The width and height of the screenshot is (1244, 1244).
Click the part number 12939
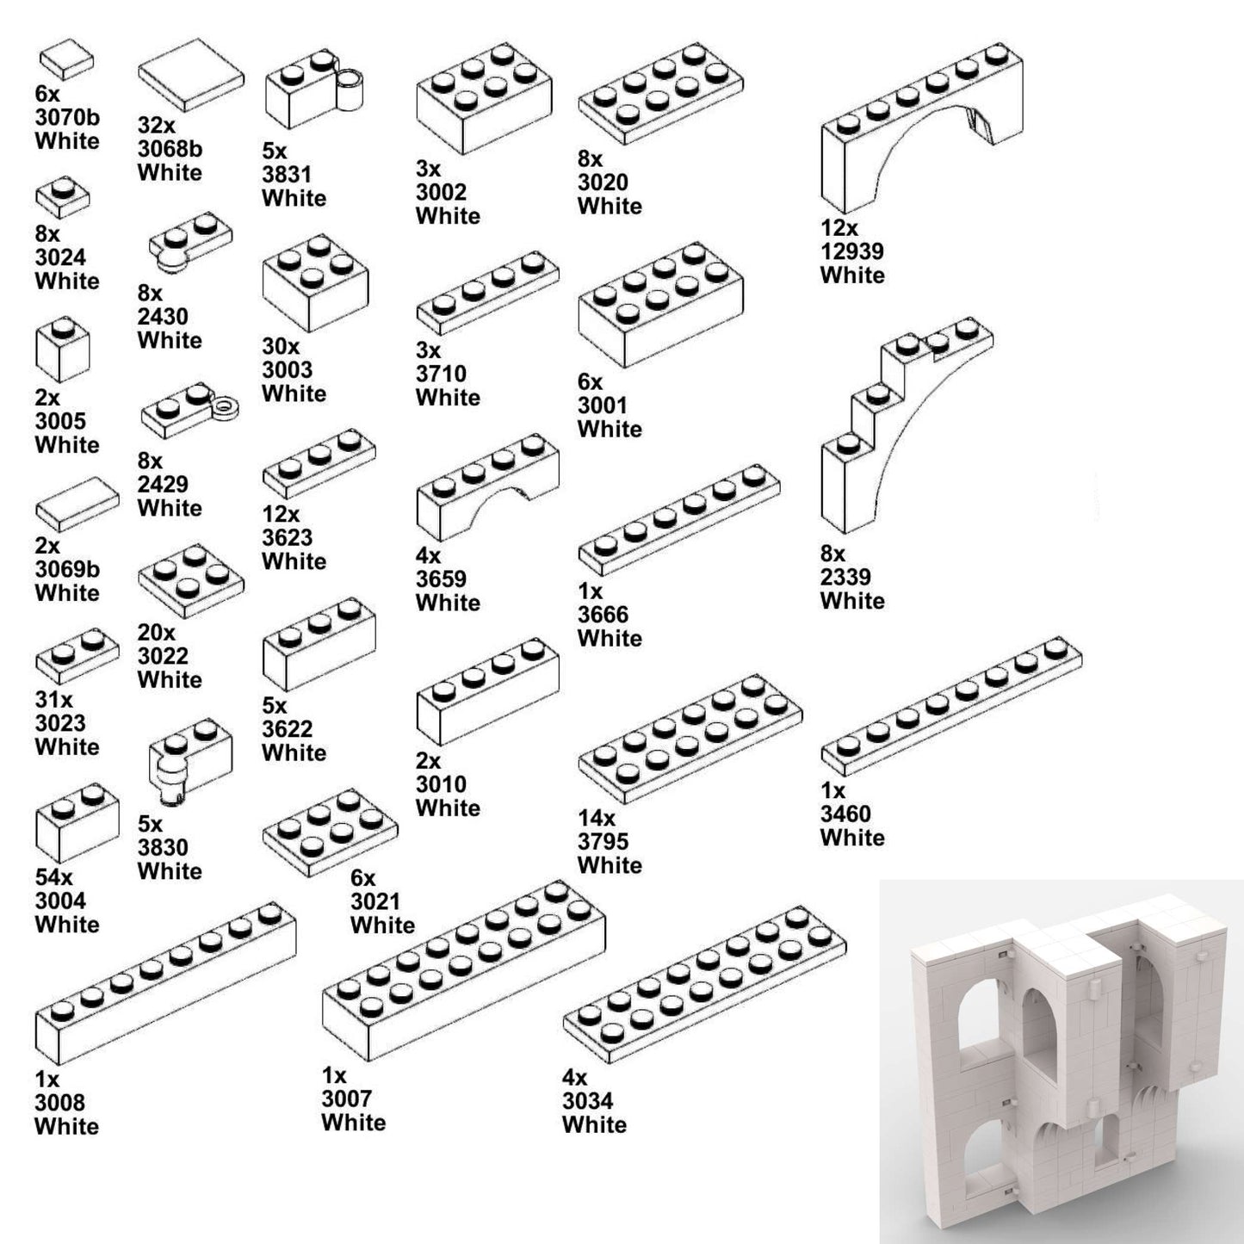pos(851,251)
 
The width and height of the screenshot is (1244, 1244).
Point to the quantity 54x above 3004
pos(54,877)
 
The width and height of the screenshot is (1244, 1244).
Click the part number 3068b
pos(170,149)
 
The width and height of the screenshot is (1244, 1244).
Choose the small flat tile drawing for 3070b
pos(66,60)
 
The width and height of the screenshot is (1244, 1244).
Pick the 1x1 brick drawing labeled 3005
pos(62,351)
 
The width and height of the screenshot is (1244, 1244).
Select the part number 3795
pos(603,841)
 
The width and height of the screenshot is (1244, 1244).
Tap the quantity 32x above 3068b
pos(156,126)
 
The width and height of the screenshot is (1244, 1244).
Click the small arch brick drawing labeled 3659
pos(486,486)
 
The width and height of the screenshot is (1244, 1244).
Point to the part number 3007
pos(346,1099)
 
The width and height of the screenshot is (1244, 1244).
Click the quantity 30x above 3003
pos(281,346)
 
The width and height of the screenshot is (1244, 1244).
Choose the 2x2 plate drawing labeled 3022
pos(190,579)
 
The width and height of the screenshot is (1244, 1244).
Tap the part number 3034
pos(587,1100)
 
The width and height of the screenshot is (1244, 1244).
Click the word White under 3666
pos(610,638)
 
